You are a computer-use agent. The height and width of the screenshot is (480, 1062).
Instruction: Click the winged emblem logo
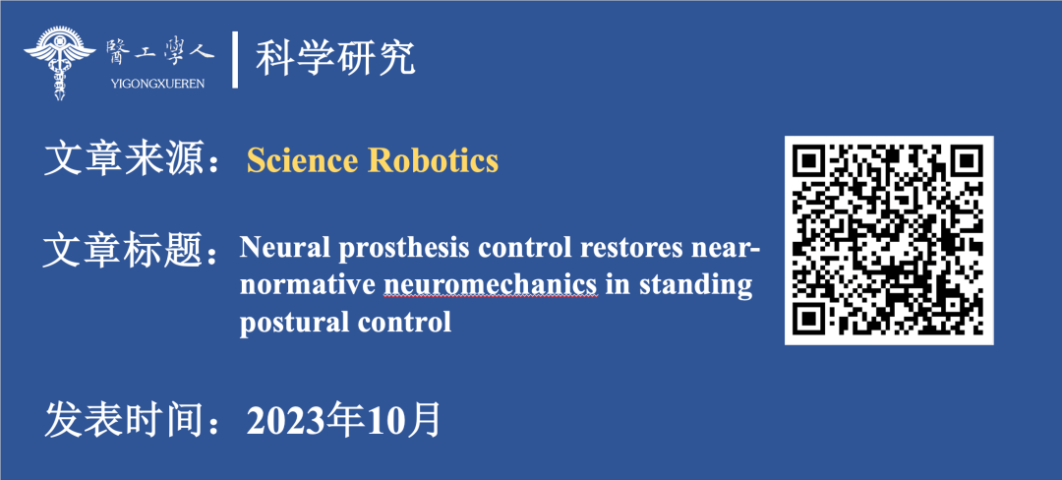tap(60, 62)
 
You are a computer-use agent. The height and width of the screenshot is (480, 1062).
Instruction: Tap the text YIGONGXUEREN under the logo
tap(155, 84)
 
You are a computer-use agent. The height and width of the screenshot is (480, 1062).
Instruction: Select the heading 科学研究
tap(334, 59)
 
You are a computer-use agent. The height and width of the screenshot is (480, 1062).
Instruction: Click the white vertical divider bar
tap(235, 60)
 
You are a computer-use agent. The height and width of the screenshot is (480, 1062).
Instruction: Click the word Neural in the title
tap(280, 249)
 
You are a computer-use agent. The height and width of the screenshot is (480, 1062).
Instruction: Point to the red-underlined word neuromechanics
tap(491, 285)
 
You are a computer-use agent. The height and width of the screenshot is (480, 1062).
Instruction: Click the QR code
tap(889, 240)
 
